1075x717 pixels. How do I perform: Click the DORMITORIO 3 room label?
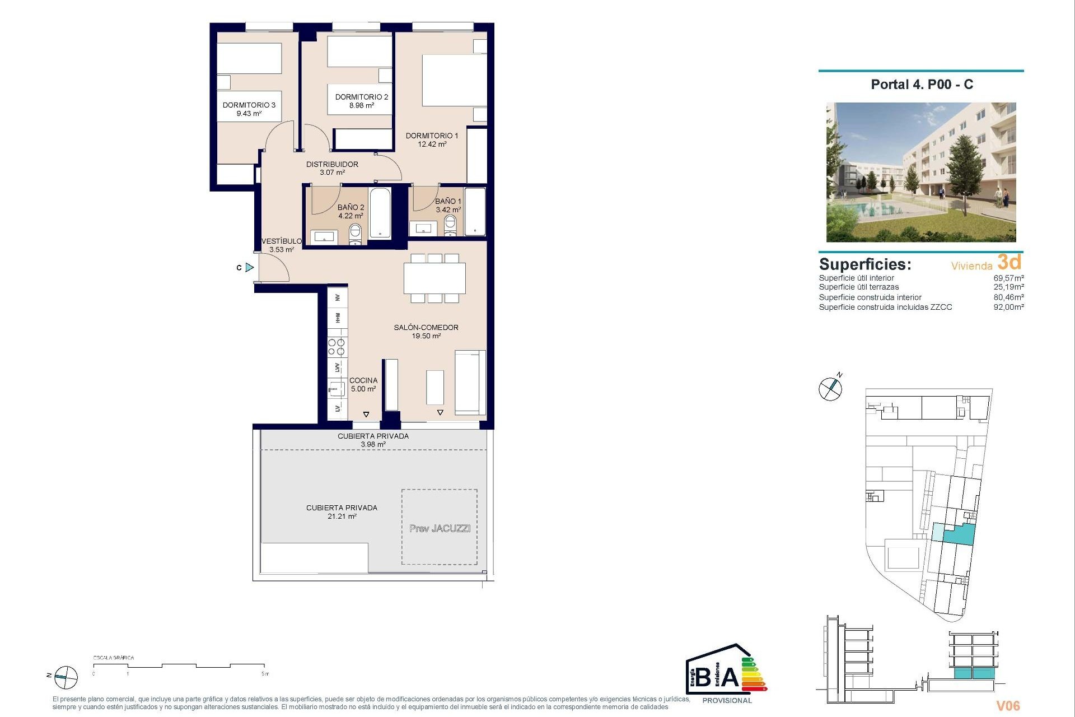249,105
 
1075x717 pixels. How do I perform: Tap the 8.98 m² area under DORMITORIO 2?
361,105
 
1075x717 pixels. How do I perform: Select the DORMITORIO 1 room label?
432,136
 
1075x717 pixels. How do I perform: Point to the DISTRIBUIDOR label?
332,164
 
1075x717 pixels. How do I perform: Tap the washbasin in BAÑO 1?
423,229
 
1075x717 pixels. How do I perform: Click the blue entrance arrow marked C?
250,268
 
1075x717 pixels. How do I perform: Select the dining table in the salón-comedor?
434,278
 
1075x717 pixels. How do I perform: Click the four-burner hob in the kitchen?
336,347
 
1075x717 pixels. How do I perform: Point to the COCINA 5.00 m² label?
363,384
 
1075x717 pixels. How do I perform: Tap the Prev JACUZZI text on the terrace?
440,528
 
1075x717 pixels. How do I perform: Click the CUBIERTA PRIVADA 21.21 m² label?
342,512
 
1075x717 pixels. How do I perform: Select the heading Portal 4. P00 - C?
922,85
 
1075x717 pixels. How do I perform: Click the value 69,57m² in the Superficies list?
1008,278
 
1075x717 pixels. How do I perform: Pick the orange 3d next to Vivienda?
1009,262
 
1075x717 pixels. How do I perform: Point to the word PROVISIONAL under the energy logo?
727,700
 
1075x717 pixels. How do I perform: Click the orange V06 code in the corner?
1008,706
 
